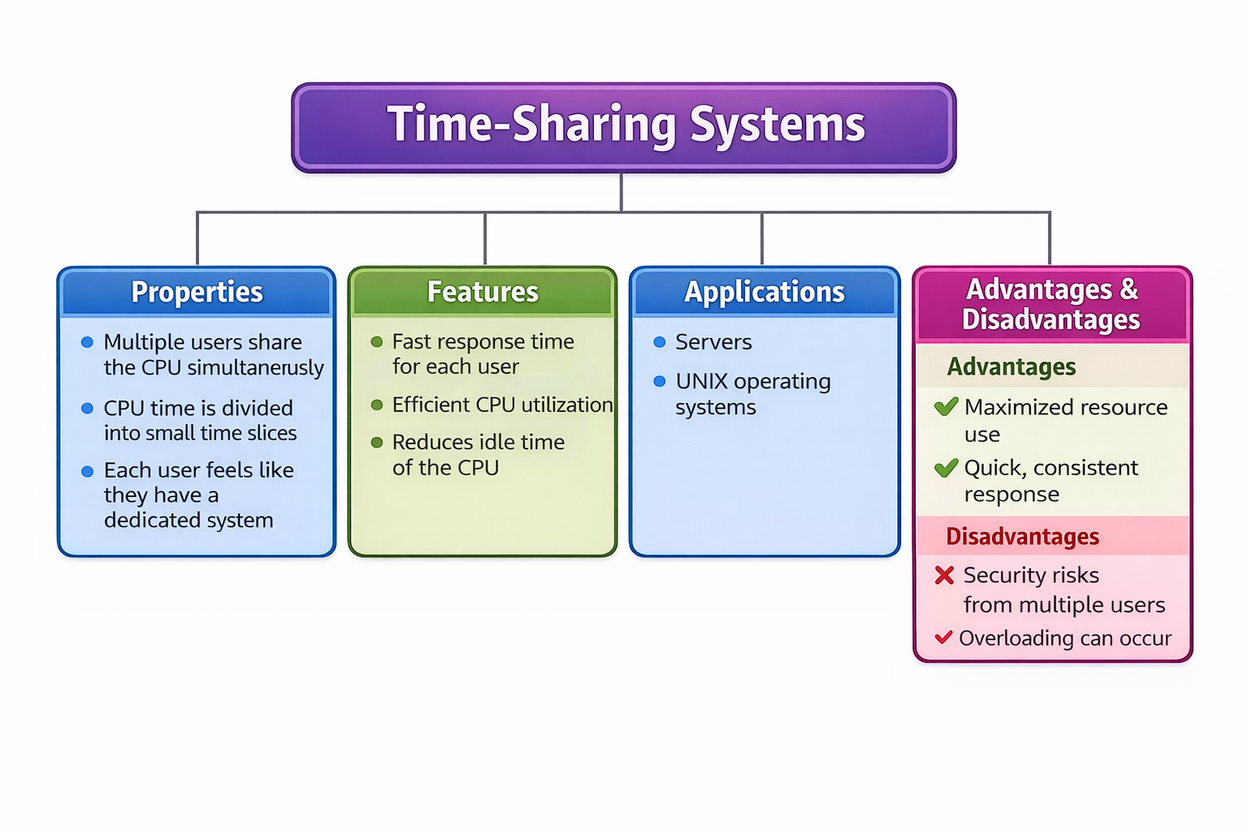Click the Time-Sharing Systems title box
[x=624, y=127]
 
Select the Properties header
[x=197, y=292]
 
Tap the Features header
[x=483, y=292]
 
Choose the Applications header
[x=764, y=292]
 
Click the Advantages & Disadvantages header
[x=1051, y=305]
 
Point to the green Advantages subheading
[x=1012, y=367]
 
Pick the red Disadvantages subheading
[x=1022, y=537]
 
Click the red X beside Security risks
[x=944, y=575]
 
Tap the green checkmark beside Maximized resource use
[x=946, y=407]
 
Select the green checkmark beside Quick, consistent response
[x=946, y=468]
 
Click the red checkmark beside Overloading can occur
[x=943, y=638]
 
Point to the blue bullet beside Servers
[x=660, y=342]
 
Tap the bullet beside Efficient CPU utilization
[x=377, y=405]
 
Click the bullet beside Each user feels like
[x=88, y=471]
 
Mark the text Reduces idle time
[x=478, y=442]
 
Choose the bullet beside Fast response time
[x=377, y=342]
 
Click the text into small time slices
[x=200, y=433]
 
